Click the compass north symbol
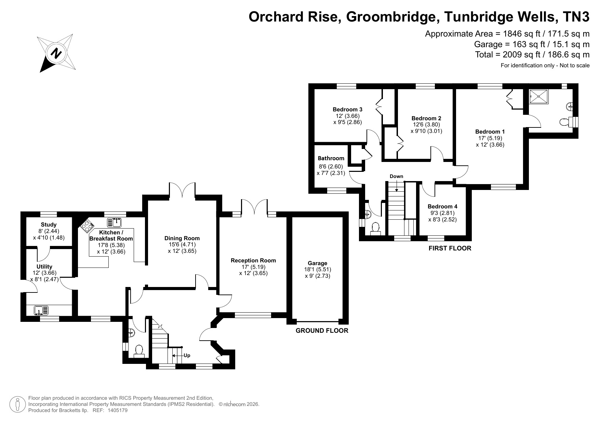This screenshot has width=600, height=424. tap(56, 53)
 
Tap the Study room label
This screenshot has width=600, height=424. tap(49, 225)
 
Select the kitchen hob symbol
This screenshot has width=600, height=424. tap(87, 225)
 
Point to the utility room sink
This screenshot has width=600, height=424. tap(41, 311)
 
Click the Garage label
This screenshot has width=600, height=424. tap(318, 263)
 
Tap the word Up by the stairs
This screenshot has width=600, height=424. tap(187, 355)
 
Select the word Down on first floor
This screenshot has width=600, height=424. tap(397, 176)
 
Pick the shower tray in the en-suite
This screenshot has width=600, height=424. tap(538, 96)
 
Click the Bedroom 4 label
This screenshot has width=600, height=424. tap(442, 206)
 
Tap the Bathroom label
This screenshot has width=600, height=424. tap(331, 158)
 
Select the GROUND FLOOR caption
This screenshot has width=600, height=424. tap(322, 330)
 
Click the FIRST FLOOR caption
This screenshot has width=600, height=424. tap(450, 248)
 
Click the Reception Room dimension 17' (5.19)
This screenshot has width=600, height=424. tap(253, 267)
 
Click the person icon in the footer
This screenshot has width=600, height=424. tap(17, 404)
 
